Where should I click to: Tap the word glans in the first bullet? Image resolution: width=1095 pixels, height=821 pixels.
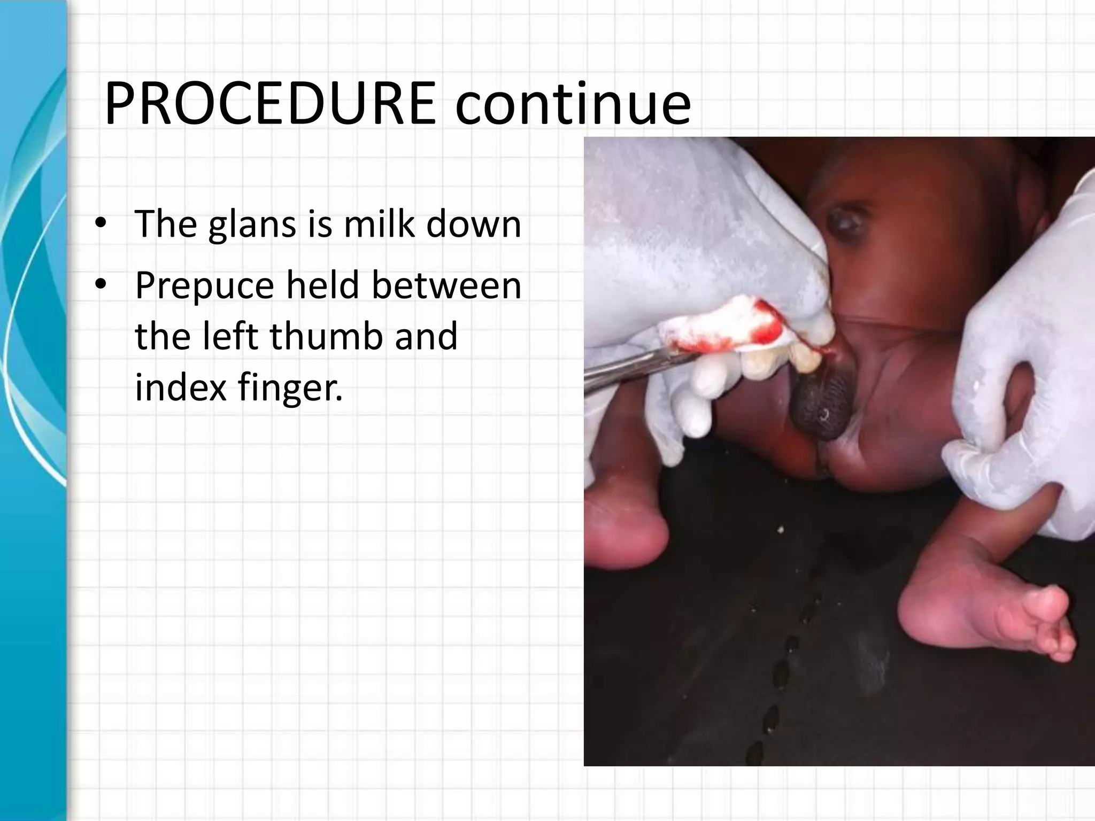[x=252, y=224]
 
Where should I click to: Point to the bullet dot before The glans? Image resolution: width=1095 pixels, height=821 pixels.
[x=100, y=225]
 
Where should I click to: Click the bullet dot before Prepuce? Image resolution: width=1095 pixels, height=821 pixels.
[x=100, y=286]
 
